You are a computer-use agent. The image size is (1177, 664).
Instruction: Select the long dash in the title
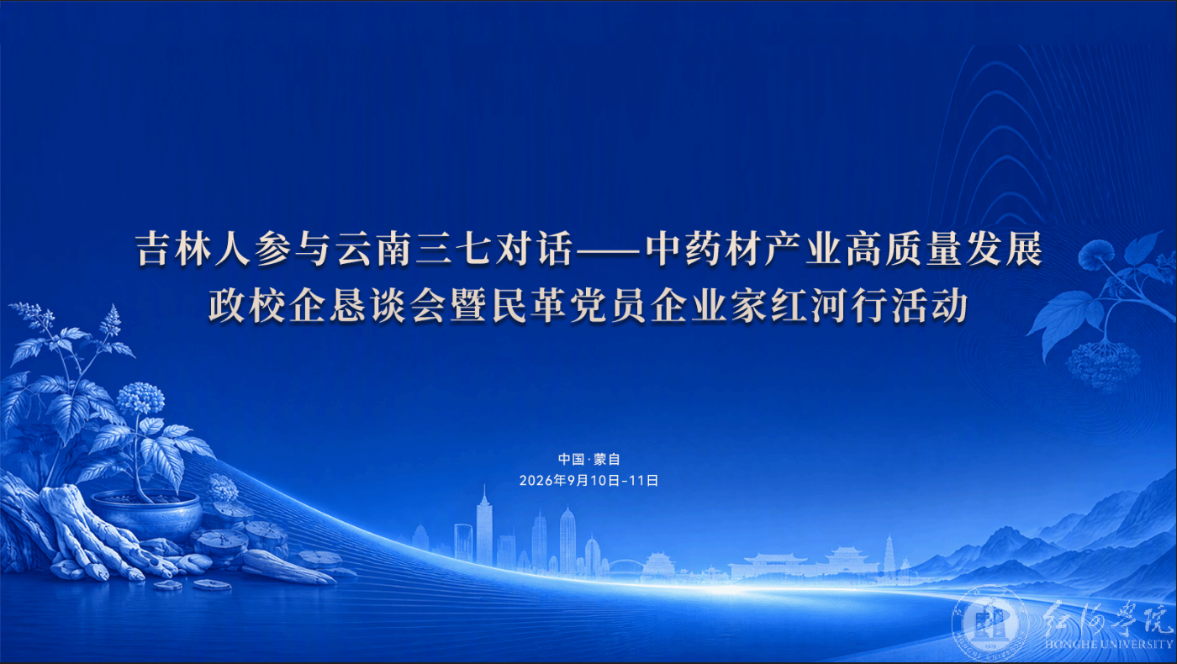pyautogui.click(x=609, y=251)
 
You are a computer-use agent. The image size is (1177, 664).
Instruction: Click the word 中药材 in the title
pyautogui.click(x=705, y=250)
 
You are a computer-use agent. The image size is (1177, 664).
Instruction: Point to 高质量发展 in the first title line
pyautogui.click(x=944, y=250)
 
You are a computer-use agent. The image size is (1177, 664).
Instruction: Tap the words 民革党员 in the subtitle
pyautogui.click(x=568, y=306)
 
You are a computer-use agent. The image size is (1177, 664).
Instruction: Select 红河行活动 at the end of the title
pyautogui.click(x=869, y=306)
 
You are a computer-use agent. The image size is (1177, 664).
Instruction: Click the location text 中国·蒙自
pyautogui.click(x=588, y=460)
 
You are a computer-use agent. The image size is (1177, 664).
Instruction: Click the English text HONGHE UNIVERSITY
pyautogui.click(x=1109, y=645)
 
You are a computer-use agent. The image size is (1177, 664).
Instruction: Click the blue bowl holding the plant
pyautogui.click(x=147, y=514)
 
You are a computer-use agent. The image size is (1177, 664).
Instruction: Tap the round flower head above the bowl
pyautogui.click(x=140, y=398)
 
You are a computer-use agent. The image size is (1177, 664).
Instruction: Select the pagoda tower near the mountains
pyautogui.click(x=889, y=553)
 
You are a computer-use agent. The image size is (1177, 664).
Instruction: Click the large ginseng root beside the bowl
pyautogui.click(x=89, y=530)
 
